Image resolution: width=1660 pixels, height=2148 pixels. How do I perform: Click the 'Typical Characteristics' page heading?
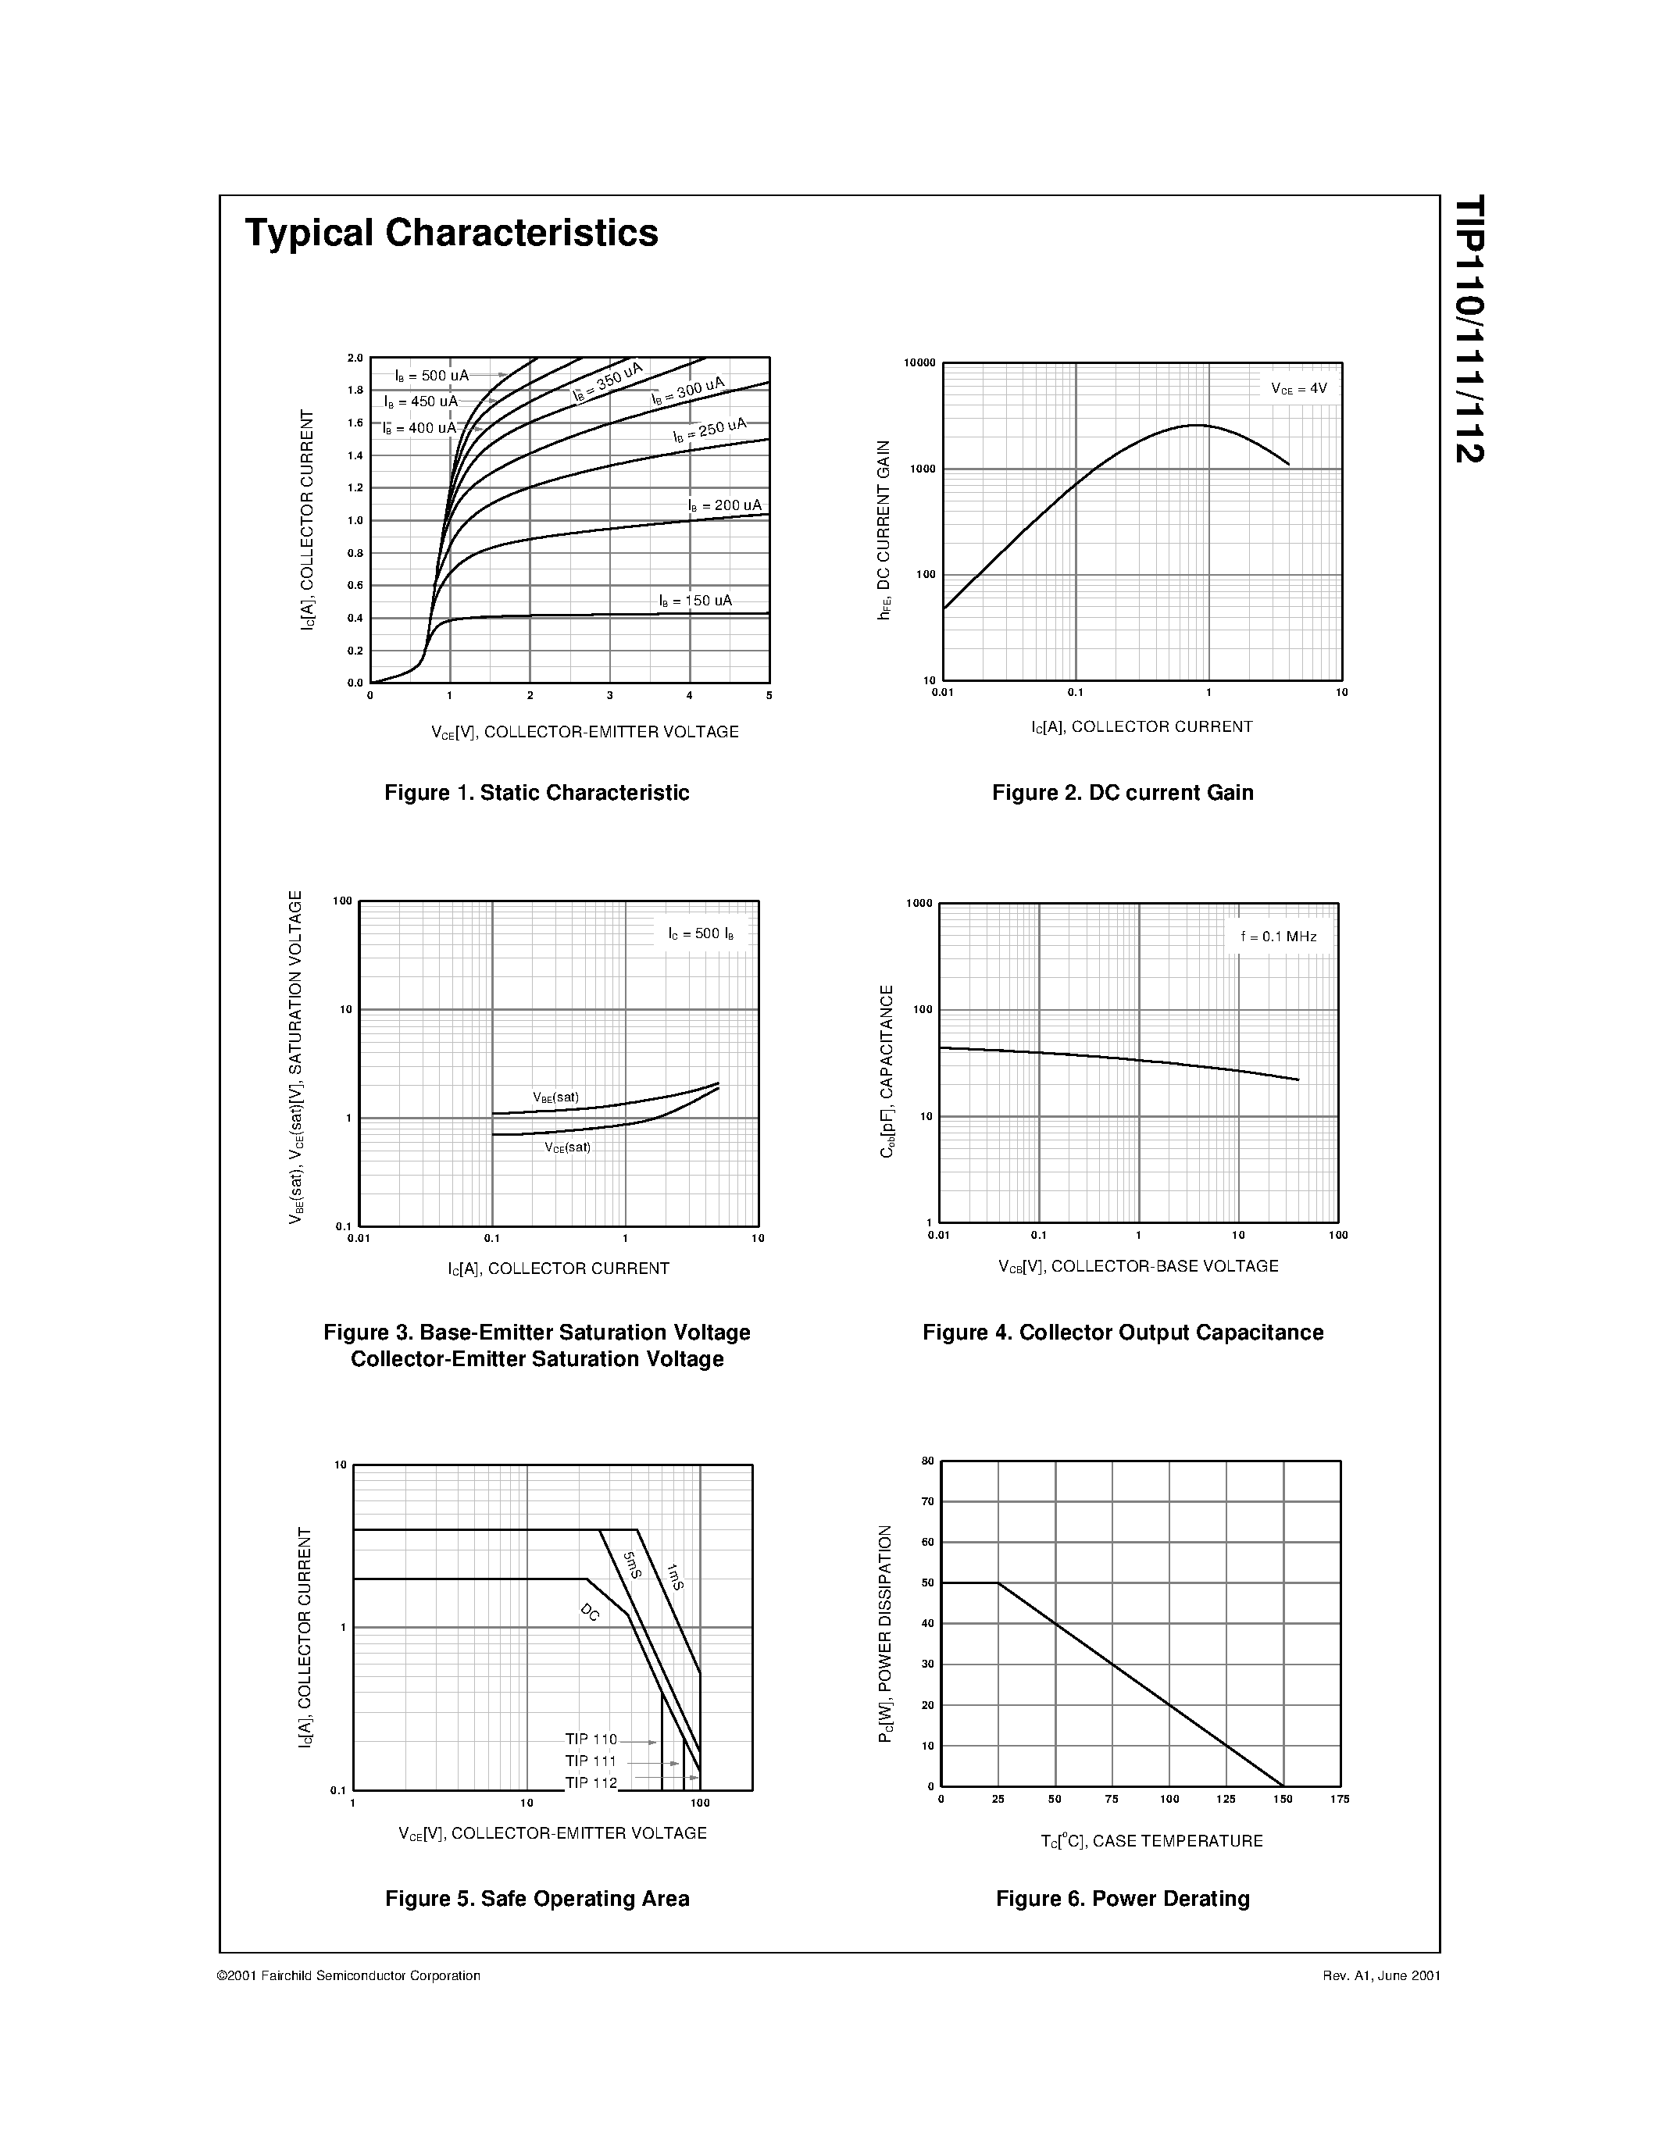(x=452, y=233)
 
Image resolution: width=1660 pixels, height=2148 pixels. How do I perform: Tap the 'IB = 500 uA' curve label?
(x=432, y=376)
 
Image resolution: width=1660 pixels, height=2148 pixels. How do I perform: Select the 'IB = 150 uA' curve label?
(x=695, y=601)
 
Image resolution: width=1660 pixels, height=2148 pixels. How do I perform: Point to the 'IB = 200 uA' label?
(x=725, y=505)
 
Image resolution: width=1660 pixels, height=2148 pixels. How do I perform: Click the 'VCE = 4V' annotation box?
(x=1298, y=388)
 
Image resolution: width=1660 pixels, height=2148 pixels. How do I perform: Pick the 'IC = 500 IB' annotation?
(x=700, y=933)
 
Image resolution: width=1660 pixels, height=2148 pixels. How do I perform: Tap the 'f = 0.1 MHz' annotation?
(x=1279, y=937)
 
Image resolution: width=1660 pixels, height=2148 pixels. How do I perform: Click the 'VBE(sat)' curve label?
(x=555, y=1097)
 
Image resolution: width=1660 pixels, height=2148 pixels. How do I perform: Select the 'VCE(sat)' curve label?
(x=567, y=1147)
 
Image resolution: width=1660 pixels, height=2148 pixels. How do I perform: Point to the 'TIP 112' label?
(x=591, y=1783)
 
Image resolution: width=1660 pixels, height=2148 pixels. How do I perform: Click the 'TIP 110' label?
(x=591, y=1739)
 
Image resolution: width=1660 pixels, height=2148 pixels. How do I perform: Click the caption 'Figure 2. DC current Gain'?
(x=1122, y=793)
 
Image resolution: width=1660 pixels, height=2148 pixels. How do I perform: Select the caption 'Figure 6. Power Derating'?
(x=1122, y=1898)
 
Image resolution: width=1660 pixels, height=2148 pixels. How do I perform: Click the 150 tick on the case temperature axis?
(x=1283, y=1799)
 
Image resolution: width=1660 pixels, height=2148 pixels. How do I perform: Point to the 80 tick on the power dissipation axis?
(x=927, y=1461)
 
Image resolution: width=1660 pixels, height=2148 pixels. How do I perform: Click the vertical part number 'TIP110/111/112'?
(x=1469, y=330)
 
